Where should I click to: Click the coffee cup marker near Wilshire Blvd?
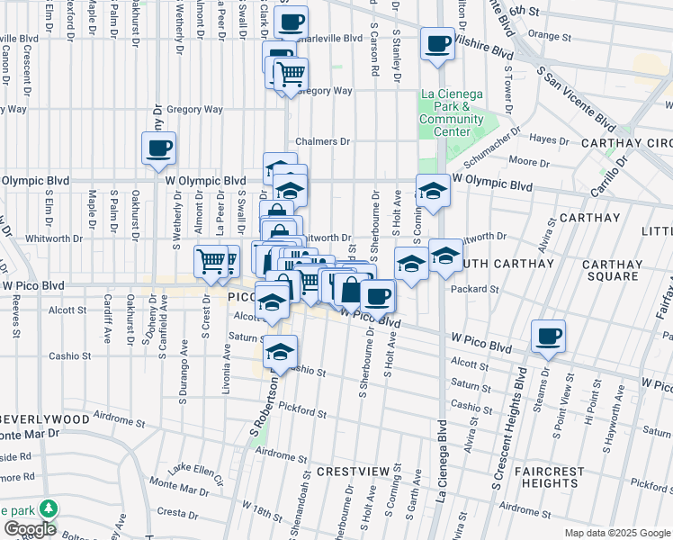(437, 44)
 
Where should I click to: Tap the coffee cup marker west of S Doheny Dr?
(158, 148)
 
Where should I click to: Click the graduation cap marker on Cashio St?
(281, 350)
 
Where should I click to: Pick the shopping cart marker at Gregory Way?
(291, 75)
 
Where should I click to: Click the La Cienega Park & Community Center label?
(451, 113)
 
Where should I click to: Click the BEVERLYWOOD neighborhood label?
(45, 419)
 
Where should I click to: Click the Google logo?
(29, 528)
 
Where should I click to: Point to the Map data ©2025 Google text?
(616, 533)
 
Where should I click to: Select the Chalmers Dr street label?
(323, 141)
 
